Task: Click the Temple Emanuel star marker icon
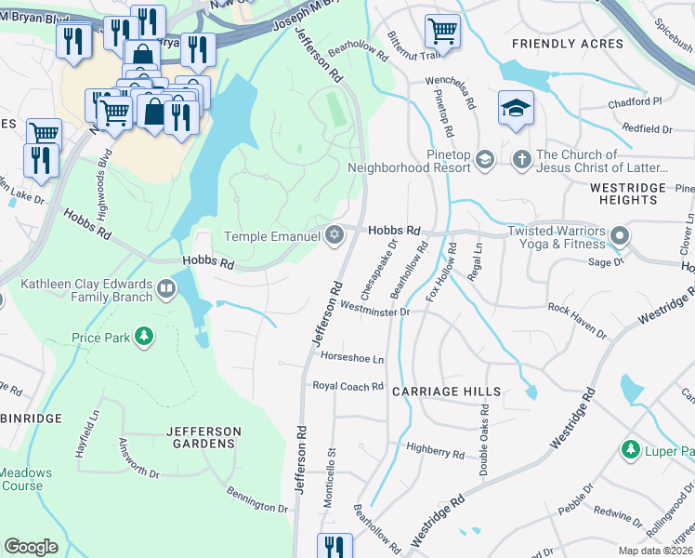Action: [x=334, y=234]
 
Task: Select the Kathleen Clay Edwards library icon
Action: [x=166, y=288]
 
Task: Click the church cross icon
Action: [x=521, y=161]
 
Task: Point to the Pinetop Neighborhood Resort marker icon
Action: [x=484, y=161]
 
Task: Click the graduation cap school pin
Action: [x=515, y=108]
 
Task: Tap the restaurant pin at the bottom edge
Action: [x=334, y=547]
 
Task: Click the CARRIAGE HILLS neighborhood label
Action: [x=446, y=392]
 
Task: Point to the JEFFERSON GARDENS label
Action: [x=203, y=437]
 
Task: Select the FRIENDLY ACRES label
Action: [x=568, y=44]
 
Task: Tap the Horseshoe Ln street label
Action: [x=351, y=358]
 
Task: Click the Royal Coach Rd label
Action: [x=347, y=386]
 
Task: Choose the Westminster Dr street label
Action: [x=374, y=312]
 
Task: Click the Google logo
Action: [x=32, y=547]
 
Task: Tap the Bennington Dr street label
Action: [x=257, y=502]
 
